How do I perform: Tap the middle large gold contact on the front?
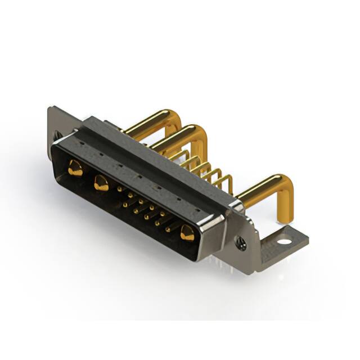pyautogui.click(x=101, y=182)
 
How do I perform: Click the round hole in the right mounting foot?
pyautogui.click(x=285, y=242)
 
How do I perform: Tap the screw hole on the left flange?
pyautogui.click(x=57, y=135)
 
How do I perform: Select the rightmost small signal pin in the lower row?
pyautogui.click(x=168, y=229)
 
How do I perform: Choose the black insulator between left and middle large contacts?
pyautogui.click(x=87, y=175)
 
